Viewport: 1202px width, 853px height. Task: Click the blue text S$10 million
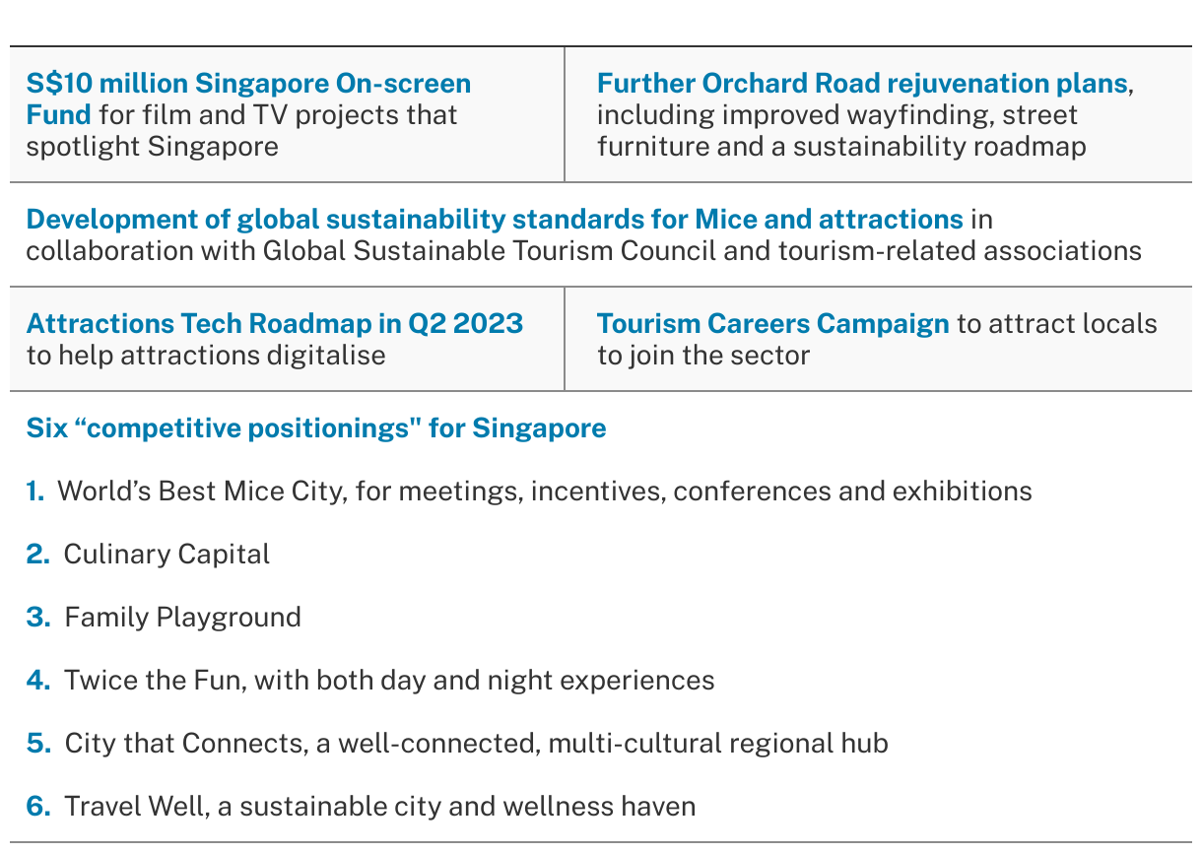[106, 83]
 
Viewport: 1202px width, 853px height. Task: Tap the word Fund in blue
[58, 115]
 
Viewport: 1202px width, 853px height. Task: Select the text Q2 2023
[465, 324]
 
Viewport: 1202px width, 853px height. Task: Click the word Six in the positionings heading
[47, 428]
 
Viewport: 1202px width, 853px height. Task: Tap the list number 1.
[35, 491]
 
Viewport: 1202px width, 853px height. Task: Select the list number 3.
[38, 617]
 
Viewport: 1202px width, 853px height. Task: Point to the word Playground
[229, 618]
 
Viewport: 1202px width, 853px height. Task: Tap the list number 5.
[38, 743]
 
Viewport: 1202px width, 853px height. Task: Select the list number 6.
[38, 807]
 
